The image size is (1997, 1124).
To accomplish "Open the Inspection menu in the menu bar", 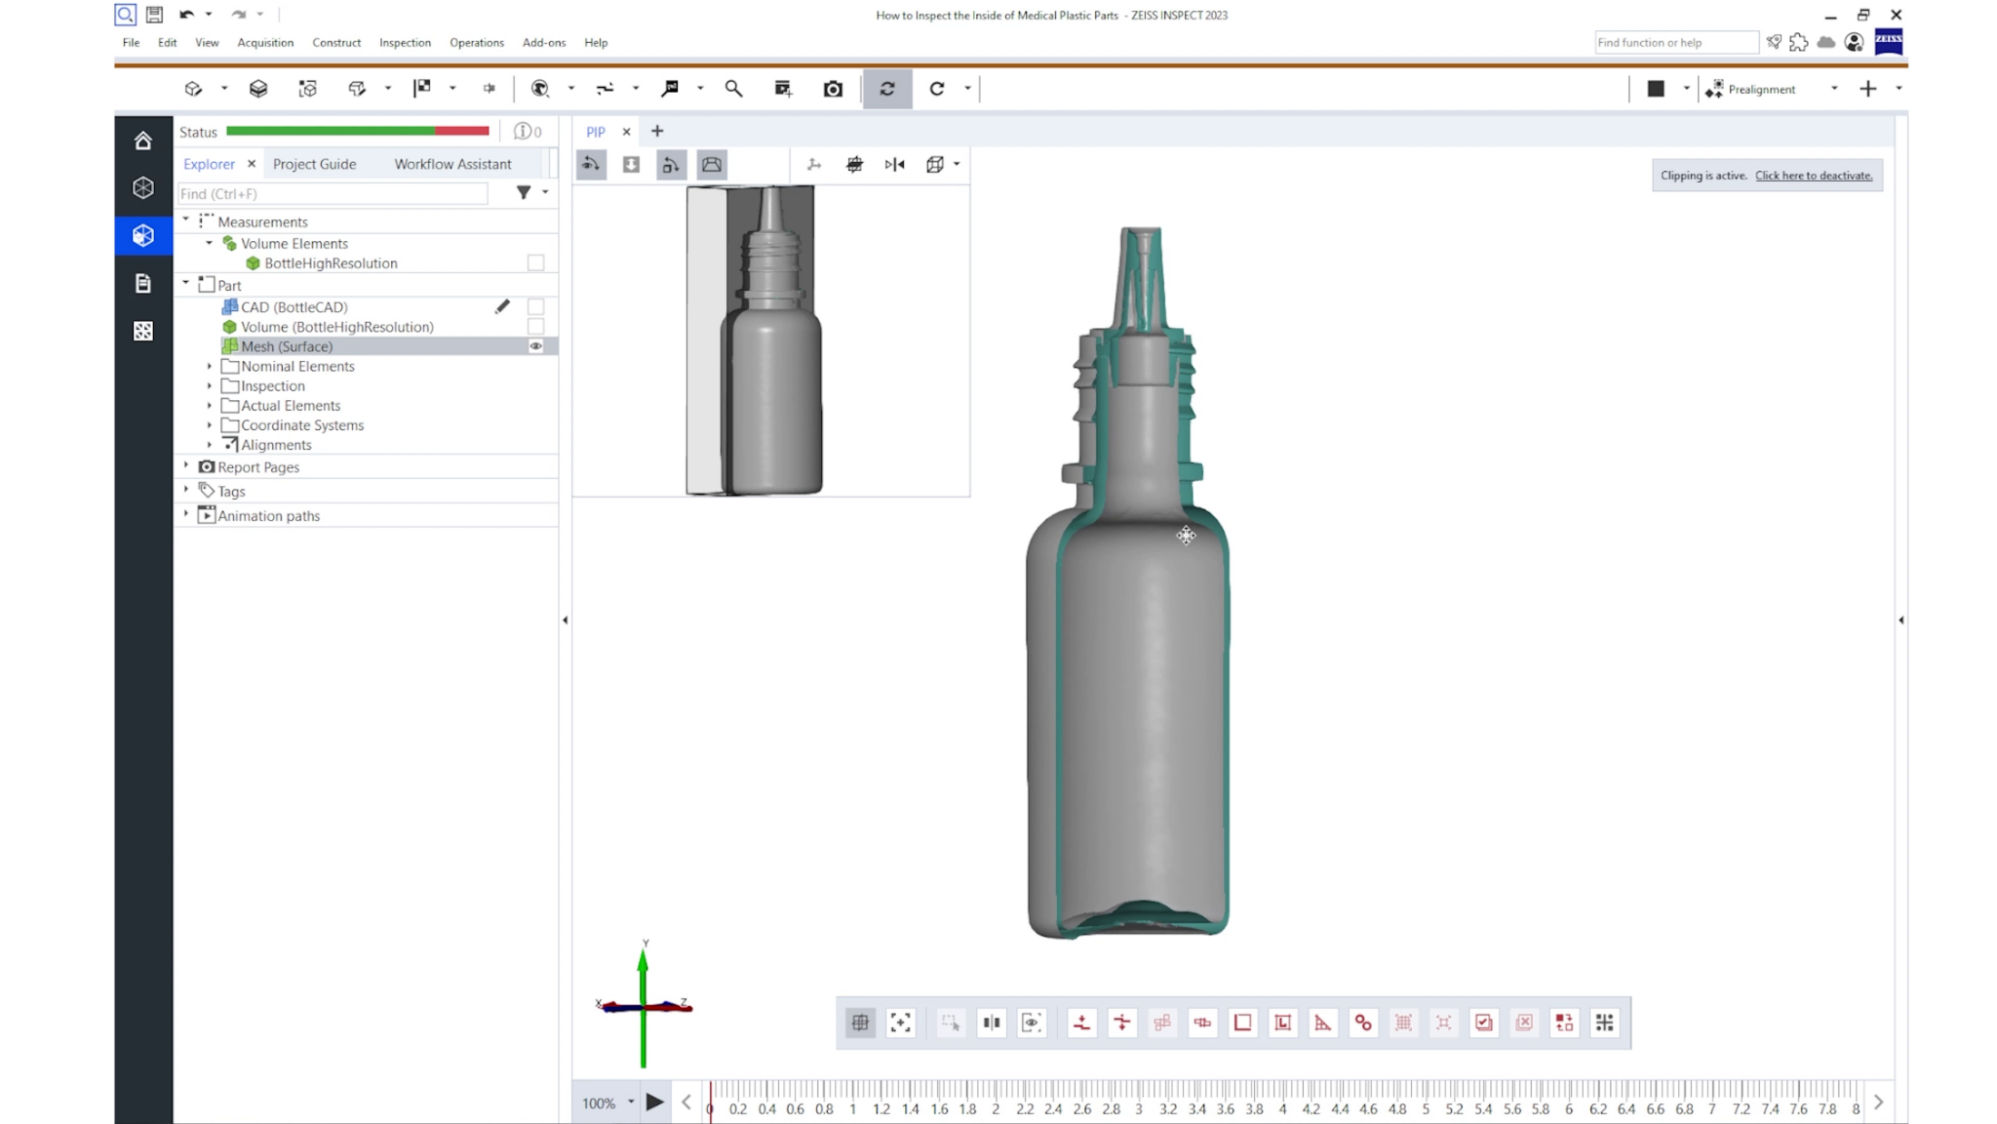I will tap(405, 43).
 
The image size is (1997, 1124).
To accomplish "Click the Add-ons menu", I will tap(543, 43).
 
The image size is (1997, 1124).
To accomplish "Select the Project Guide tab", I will tap(314, 164).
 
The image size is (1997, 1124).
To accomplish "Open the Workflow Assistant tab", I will tap(452, 164).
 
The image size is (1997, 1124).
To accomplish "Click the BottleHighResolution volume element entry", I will tap(331, 263).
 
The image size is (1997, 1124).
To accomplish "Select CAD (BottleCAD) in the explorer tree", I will tap(294, 307).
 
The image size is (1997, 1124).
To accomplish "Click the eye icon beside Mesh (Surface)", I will tap(535, 346).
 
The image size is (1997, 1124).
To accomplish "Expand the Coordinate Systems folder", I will tap(209, 425).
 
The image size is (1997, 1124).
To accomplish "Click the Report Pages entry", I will tap(258, 467).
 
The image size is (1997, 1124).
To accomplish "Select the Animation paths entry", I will tap(268, 516).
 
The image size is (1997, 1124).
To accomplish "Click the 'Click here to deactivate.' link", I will tap(1813, 176).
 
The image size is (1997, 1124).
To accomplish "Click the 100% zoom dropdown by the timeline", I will tap(630, 1103).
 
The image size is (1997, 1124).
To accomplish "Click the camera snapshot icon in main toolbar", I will tap(833, 89).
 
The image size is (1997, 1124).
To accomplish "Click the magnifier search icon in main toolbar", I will tap(733, 89).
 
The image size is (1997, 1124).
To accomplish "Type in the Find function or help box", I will tap(1674, 43).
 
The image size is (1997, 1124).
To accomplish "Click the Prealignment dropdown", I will tap(1833, 89).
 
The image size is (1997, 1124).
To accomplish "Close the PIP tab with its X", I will tap(626, 132).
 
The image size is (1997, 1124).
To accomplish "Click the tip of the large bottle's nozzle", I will tap(1140, 232).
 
